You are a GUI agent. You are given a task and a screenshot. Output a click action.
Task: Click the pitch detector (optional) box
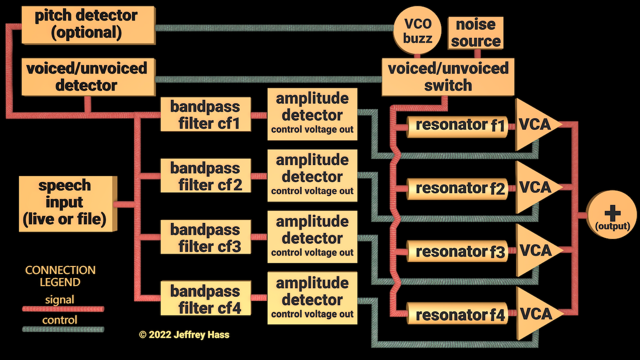85,24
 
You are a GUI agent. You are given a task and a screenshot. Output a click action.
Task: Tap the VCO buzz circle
418,31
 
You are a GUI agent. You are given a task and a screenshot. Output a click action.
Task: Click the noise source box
475,33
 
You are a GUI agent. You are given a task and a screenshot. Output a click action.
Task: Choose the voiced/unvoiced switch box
448,77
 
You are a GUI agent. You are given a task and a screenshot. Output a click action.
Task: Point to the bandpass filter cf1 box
205,114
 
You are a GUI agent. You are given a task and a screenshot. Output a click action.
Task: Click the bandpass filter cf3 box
205,237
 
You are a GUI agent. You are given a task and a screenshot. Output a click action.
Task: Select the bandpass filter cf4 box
205,299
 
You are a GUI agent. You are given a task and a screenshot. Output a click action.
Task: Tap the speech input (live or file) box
65,202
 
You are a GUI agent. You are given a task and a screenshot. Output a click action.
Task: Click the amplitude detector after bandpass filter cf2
312,175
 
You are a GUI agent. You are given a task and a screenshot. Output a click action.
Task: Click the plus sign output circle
612,215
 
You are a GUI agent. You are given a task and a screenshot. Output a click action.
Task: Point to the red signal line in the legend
63,309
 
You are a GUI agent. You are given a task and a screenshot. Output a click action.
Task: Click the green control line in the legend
63,329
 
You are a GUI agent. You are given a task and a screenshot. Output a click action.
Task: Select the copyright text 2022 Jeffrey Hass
184,334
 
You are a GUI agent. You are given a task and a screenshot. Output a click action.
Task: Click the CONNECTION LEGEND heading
60,276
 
